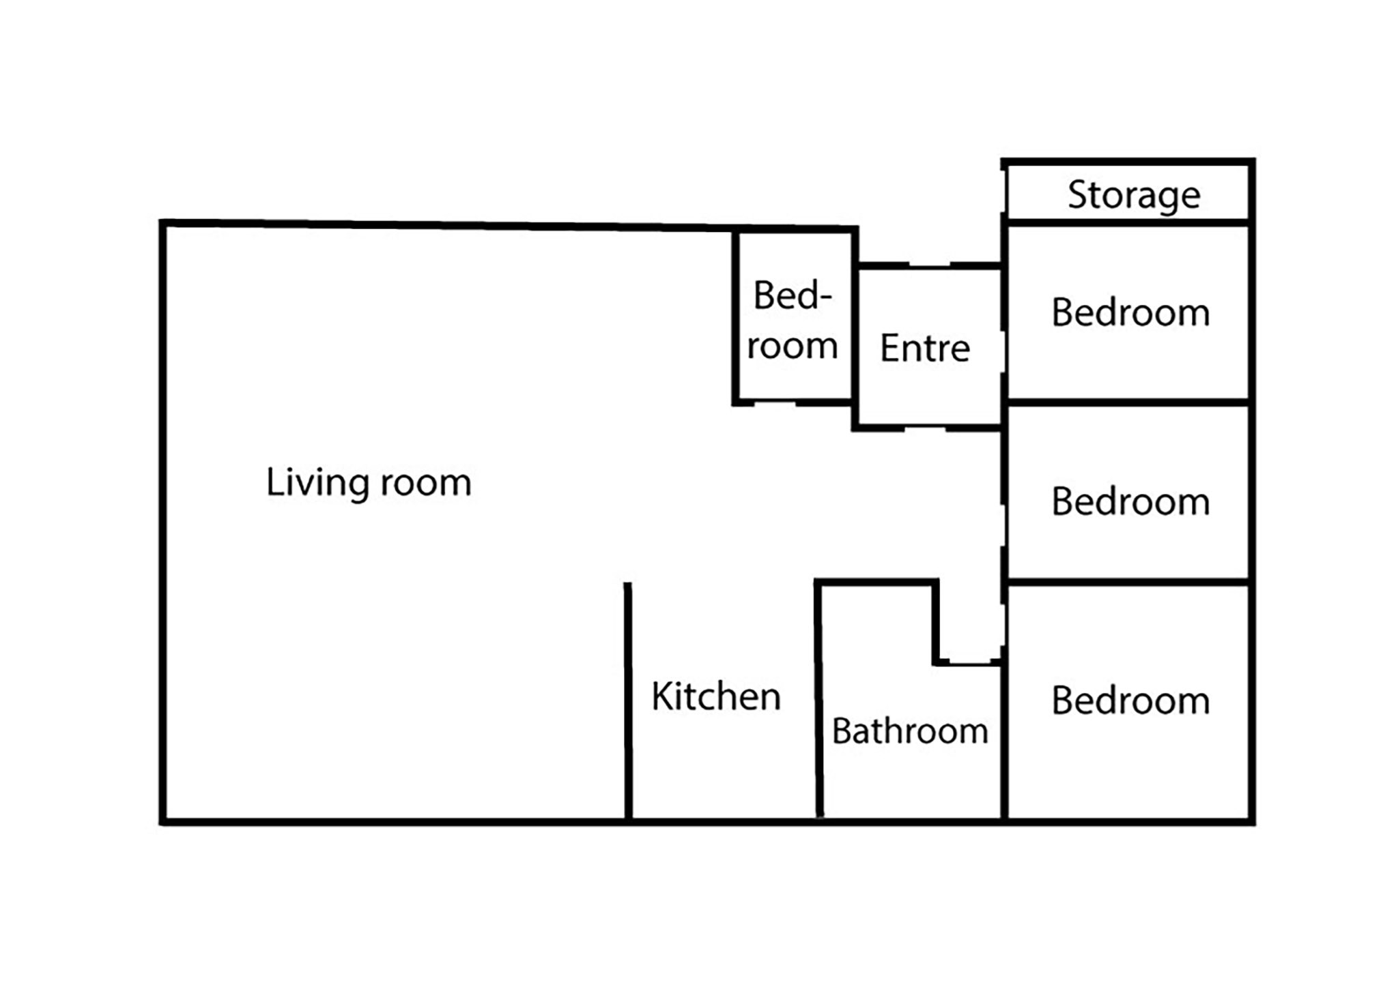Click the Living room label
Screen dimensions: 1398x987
pos(369,483)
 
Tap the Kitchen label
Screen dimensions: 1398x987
pos(716,696)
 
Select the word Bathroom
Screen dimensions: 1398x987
pos(910,731)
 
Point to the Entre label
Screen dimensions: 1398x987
pos(925,348)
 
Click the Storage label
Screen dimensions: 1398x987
pos(1134,196)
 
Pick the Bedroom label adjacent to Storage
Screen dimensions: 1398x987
pos(1130,312)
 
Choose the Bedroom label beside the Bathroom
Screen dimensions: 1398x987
pos(1130,700)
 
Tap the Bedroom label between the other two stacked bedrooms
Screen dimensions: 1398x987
pos(1130,501)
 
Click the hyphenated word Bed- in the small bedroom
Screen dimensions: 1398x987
pos(793,295)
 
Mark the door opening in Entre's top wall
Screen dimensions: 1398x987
pos(929,265)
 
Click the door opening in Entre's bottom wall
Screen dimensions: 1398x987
pos(925,428)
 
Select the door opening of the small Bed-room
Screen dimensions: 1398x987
pos(775,403)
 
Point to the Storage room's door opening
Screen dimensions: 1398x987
pos(1004,192)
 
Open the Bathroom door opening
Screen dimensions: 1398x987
pos(970,662)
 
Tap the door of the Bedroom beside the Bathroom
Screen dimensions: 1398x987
pos(1004,624)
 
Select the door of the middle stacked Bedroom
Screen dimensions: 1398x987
pos(1004,525)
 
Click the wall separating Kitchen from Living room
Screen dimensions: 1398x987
pos(628,701)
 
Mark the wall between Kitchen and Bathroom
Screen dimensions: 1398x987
pos(818,700)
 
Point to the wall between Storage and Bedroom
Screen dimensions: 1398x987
pos(1128,222)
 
